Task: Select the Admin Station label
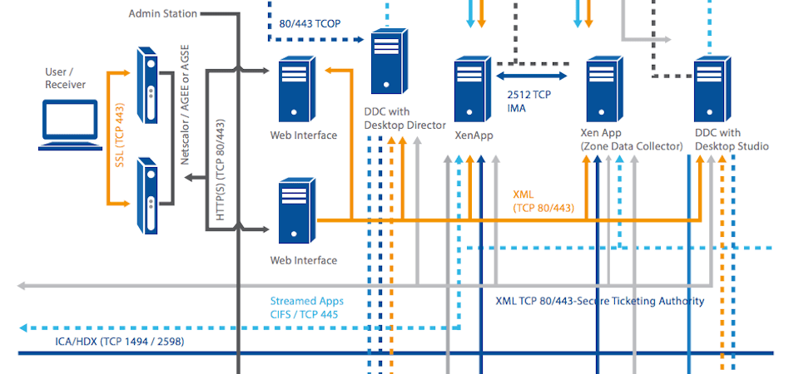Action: pyautogui.click(x=163, y=13)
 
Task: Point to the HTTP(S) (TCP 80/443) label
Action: pyautogui.click(x=221, y=170)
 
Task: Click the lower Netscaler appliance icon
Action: pyautogui.click(x=146, y=194)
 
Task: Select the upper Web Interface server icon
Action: pyautogui.click(x=296, y=91)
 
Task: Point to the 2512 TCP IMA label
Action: pyautogui.click(x=529, y=101)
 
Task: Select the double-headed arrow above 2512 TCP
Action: pyautogui.click(x=531, y=76)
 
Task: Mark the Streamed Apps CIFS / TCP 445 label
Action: pyautogui.click(x=306, y=308)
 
